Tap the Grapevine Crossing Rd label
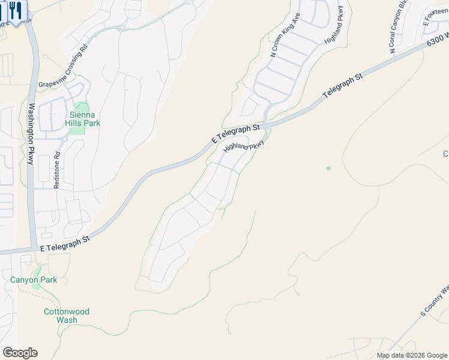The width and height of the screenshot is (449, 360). click(63, 65)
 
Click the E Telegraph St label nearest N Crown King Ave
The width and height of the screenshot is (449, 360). click(236, 133)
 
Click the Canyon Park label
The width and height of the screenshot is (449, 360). click(34, 280)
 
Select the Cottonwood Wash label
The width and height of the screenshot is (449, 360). click(67, 316)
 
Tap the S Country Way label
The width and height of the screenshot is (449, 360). click(434, 300)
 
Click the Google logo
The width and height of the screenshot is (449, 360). click(20, 353)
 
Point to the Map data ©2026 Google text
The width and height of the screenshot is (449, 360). click(412, 355)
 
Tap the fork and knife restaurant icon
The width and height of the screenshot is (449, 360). click(15, 10)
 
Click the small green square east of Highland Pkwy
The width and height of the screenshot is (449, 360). click(328, 168)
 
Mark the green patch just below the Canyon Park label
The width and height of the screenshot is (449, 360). click(36, 286)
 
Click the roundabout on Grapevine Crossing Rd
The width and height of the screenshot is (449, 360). click(122, 27)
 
